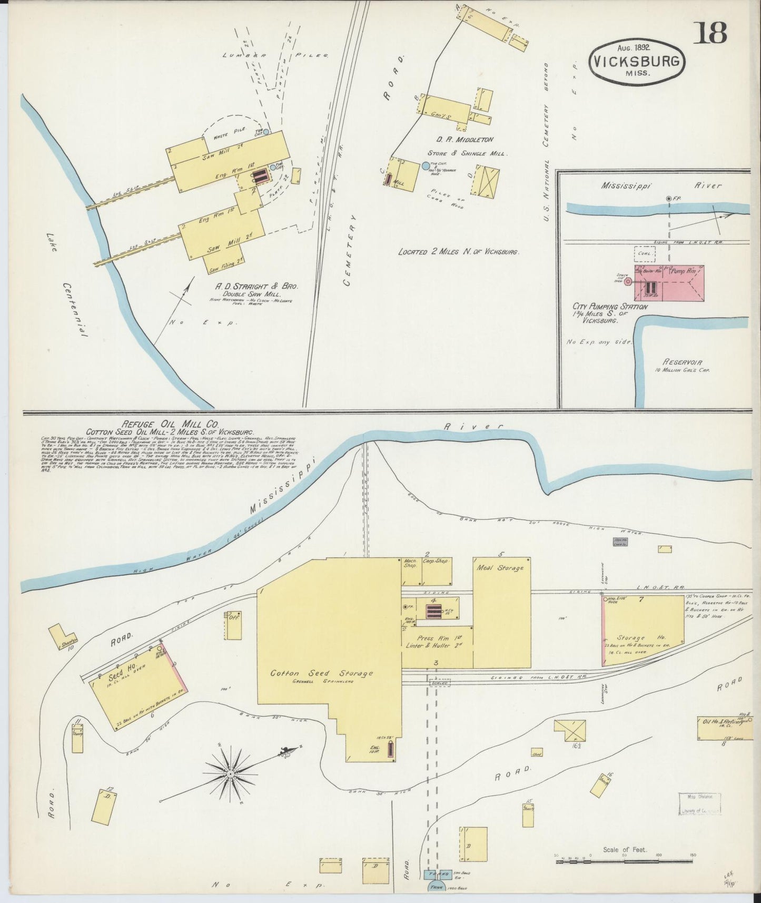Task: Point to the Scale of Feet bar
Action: pos(624,861)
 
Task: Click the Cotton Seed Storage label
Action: pos(321,673)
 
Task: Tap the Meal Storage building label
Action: pos(500,568)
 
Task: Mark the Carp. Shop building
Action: pos(437,571)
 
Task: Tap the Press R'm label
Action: pos(431,637)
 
